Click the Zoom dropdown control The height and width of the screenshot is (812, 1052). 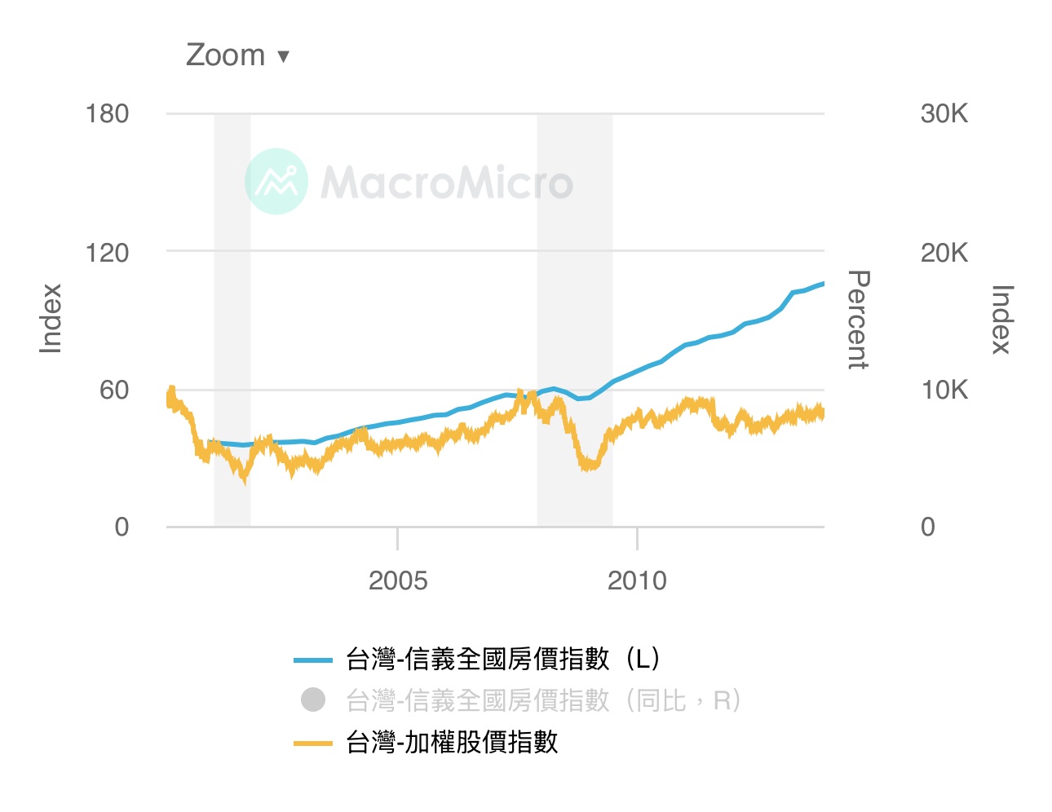pos(237,55)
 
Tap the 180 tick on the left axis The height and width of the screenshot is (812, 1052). pos(107,114)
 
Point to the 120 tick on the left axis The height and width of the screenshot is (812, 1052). pos(107,253)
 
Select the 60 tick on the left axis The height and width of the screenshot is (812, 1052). pos(114,390)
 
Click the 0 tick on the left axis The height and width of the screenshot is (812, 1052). pos(122,527)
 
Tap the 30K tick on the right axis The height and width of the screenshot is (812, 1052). pos(944,114)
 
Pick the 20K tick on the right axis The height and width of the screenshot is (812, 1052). pos(944,253)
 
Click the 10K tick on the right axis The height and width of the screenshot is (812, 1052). pos(944,390)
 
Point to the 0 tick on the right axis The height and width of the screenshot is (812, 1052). pos(928,527)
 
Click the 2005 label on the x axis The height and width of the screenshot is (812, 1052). pos(397,580)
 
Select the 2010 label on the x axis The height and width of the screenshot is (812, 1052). pos(637,580)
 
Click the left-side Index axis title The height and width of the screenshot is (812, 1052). pos(51,319)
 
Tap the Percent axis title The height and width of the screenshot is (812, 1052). pos(858,320)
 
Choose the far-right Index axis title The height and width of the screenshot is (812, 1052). pos(1001,320)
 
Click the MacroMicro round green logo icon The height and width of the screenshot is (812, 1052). pos(276,181)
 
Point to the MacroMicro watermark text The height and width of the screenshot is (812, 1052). pos(447,182)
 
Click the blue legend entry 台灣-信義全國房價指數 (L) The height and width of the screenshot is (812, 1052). pos(502,659)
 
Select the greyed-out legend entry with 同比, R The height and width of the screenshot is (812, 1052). pos(543,700)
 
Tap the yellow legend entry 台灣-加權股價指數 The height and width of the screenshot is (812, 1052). pos(452,743)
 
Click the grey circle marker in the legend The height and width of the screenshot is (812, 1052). pos(313,700)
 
